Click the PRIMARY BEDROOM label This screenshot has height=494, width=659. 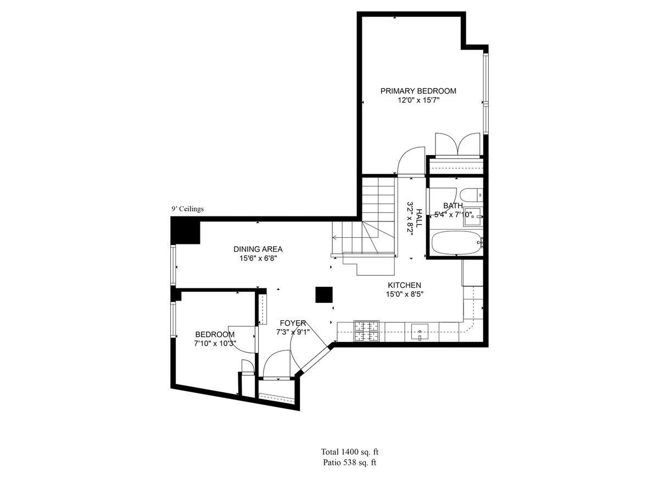(x=418, y=91)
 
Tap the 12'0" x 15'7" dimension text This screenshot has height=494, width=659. (x=418, y=101)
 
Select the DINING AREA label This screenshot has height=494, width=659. (x=258, y=249)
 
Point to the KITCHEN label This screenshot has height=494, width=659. (x=404, y=285)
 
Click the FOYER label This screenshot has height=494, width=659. (x=293, y=323)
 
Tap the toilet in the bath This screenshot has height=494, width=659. (x=471, y=195)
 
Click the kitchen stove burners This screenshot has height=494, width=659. (x=366, y=331)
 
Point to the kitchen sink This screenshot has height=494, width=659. (x=420, y=332)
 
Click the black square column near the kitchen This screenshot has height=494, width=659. (x=323, y=295)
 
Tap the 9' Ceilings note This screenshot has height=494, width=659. (x=187, y=209)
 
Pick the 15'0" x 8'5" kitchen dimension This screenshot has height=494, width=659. (x=404, y=295)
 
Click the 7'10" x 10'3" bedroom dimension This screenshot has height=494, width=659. (x=215, y=343)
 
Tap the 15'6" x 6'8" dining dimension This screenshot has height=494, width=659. (x=258, y=258)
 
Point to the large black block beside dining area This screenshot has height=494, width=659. (x=185, y=231)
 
